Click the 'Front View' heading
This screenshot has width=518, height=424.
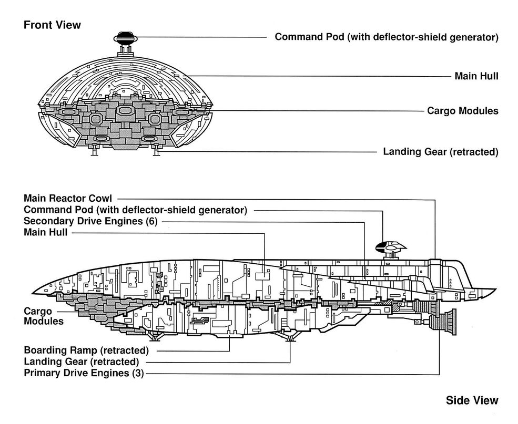pyautogui.click(x=52, y=25)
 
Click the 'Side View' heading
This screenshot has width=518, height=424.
pyautogui.click(x=472, y=401)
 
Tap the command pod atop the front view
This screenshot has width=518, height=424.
pyautogui.click(x=125, y=38)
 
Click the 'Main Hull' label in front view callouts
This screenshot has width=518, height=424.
pyautogui.click(x=476, y=76)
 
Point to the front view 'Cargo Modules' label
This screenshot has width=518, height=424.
pyautogui.click(x=463, y=111)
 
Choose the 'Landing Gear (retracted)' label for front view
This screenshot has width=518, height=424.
pyautogui.click(x=440, y=152)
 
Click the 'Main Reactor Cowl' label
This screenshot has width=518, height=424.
pyautogui.click(x=68, y=199)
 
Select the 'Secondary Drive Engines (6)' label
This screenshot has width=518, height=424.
pyautogui.click(x=90, y=221)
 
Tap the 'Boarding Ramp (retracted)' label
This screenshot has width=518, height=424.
pyautogui.click(x=86, y=350)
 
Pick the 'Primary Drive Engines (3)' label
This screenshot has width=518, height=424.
pyautogui.click(x=84, y=373)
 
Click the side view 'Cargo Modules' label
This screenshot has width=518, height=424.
pyautogui.click(x=44, y=316)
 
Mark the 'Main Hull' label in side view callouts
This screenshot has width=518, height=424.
pyautogui.click(x=46, y=232)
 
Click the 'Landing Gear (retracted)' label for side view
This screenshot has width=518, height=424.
pyautogui.click(x=82, y=361)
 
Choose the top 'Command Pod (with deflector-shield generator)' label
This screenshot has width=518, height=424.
pyautogui.click(x=387, y=37)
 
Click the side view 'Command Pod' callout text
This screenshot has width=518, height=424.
pyautogui.click(x=135, y=210)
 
